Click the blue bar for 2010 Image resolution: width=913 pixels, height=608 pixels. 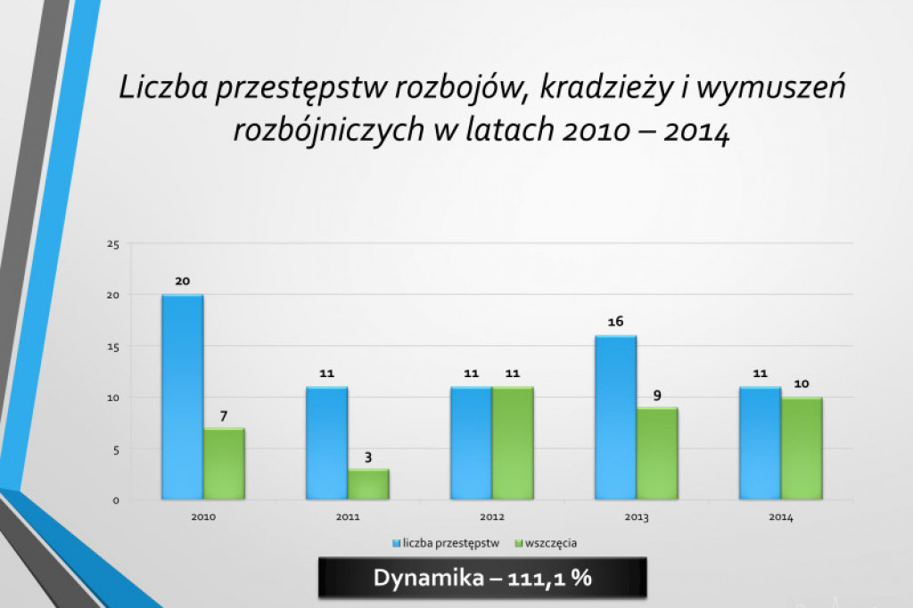182,397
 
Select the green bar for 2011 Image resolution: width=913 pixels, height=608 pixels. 368,484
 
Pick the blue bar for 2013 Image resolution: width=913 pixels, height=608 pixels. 615,417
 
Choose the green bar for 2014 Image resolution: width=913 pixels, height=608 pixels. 802,448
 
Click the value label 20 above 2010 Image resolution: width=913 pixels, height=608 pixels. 182,281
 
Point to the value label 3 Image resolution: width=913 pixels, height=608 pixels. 368,457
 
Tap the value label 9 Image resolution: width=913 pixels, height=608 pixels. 657,395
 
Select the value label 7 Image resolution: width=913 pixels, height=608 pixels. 224,415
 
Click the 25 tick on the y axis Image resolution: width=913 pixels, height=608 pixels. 112,243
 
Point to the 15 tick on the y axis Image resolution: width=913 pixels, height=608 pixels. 112,346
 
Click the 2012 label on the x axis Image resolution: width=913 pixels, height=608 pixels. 491,517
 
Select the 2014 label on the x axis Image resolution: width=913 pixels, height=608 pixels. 780,517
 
